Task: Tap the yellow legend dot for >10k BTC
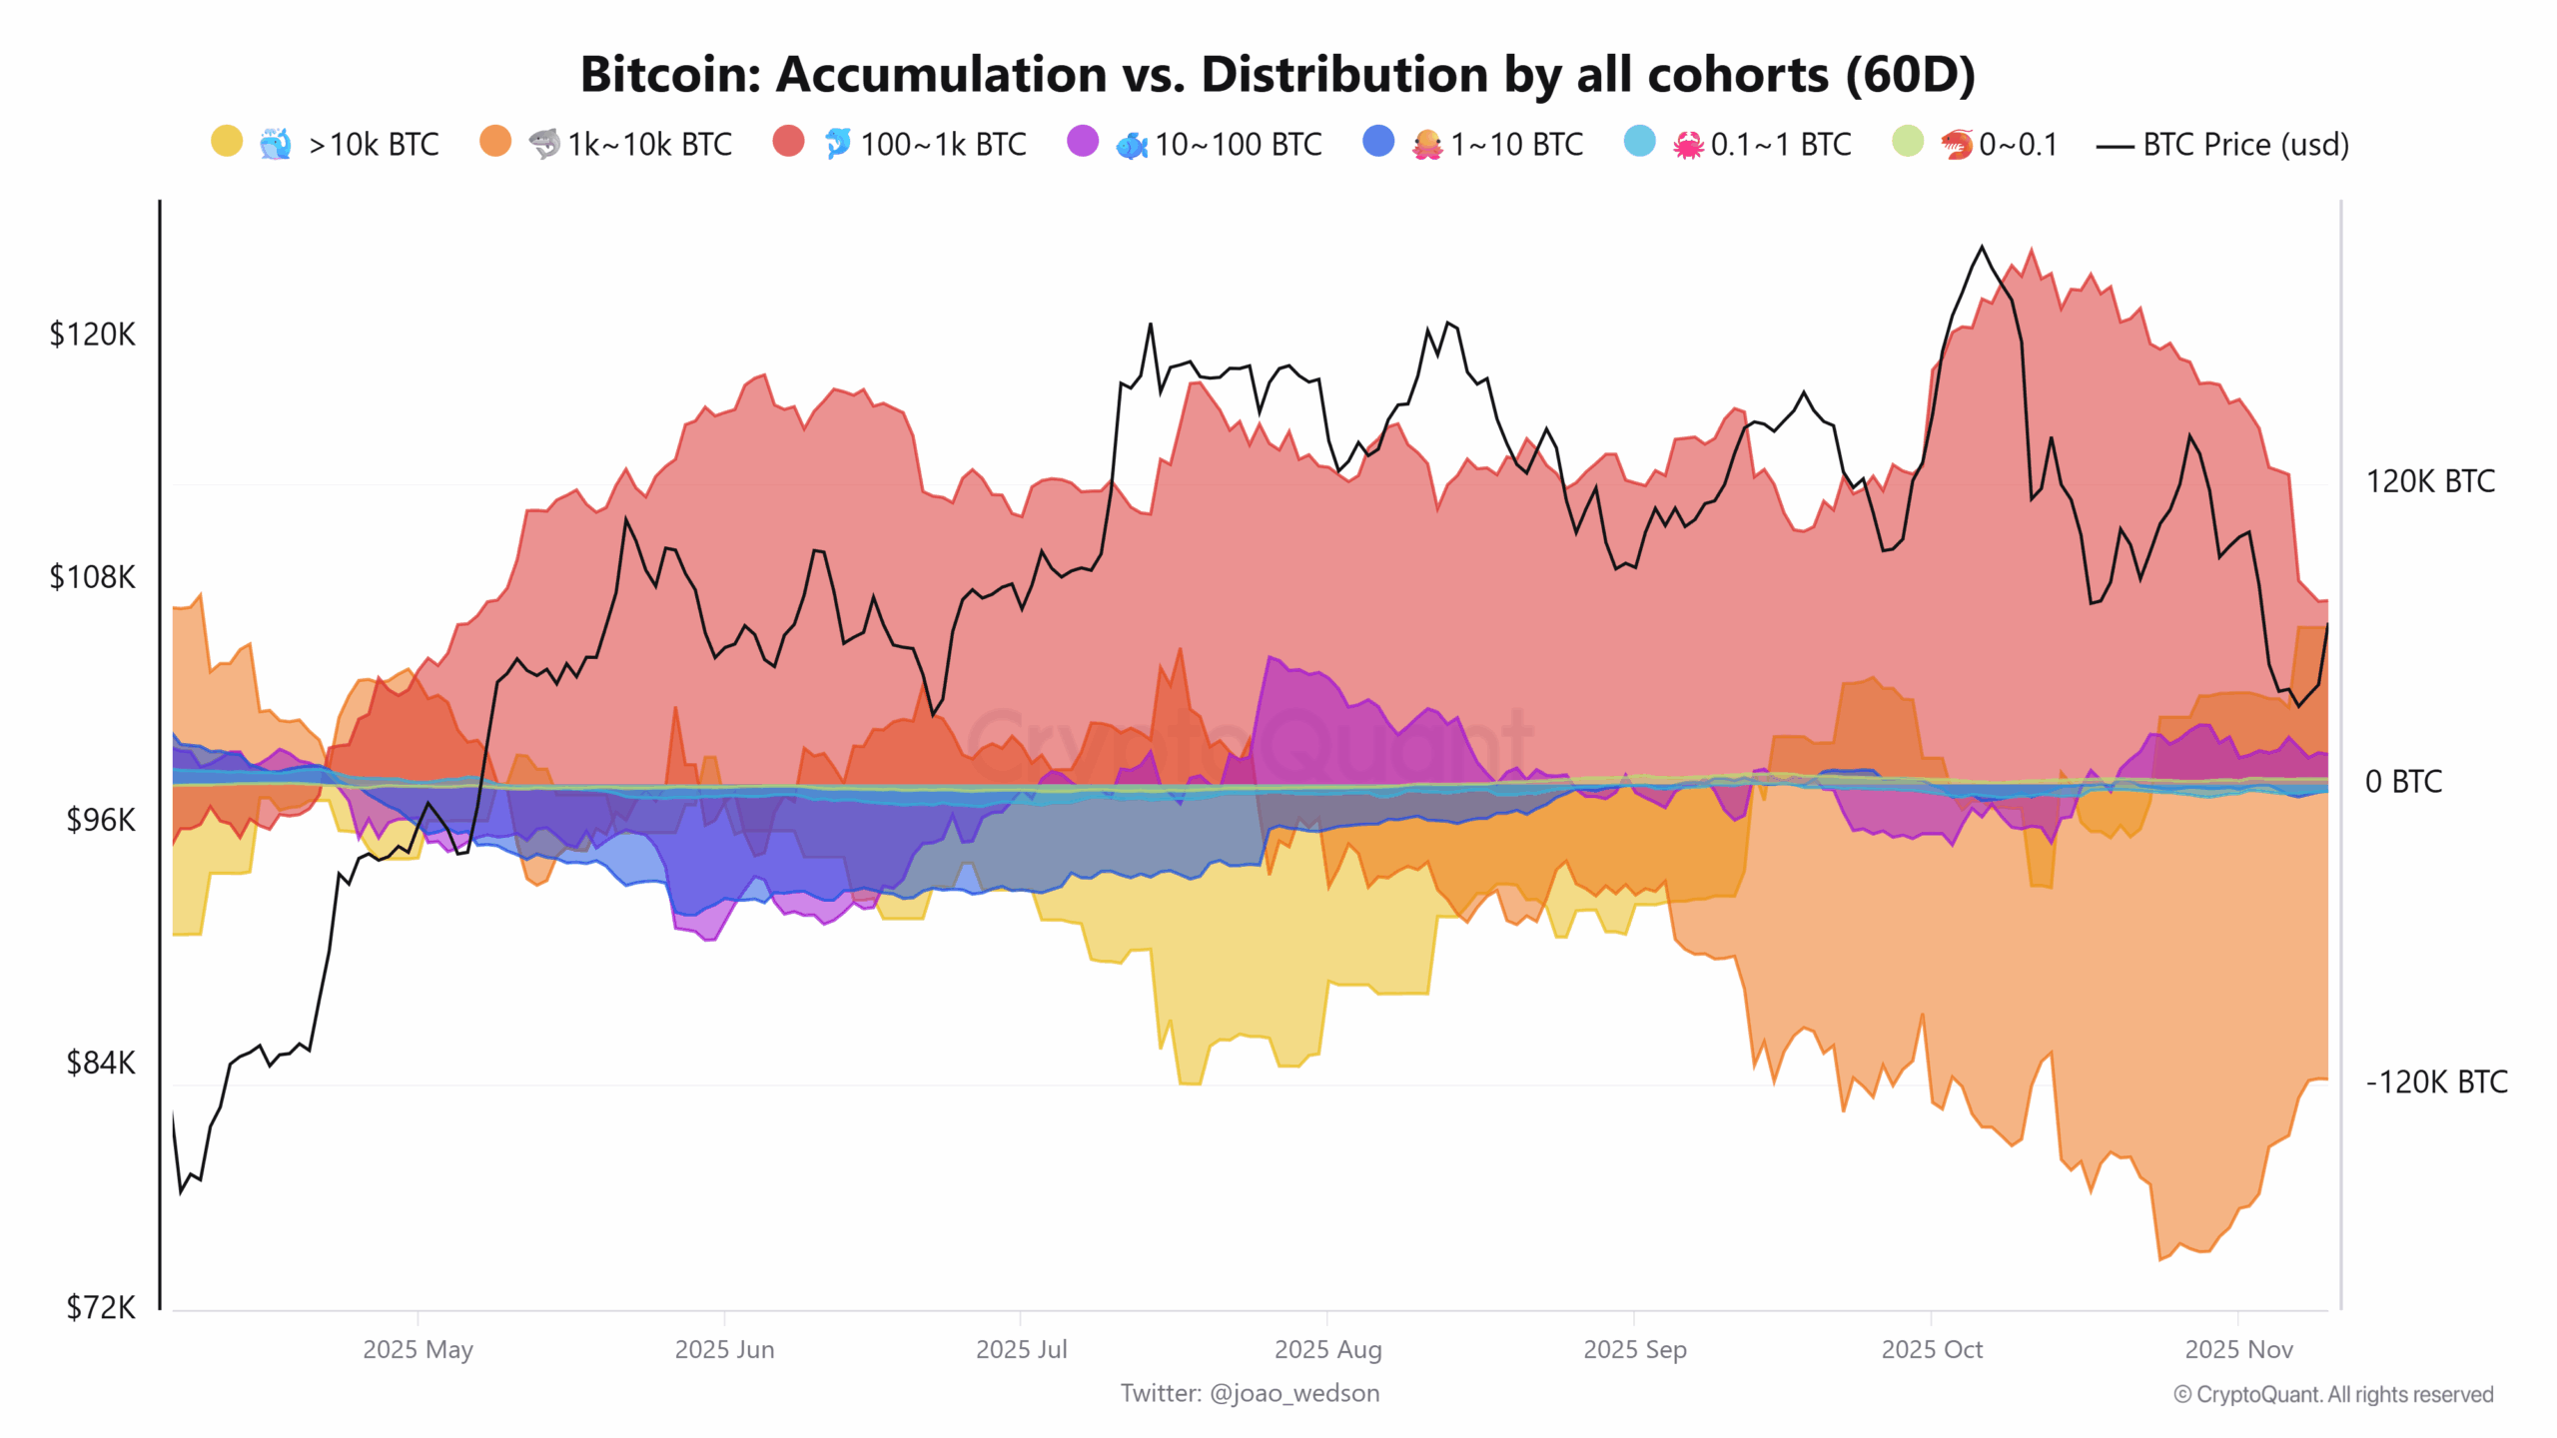click(227, 142)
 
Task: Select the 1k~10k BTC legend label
click(649, 145)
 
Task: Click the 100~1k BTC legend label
click(943, 145)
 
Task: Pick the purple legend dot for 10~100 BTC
click(1082, 142)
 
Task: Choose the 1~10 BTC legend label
click(1516, 145)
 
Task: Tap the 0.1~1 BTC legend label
click(1780, 145)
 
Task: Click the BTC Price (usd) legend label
click(2245, 145)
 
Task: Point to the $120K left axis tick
click(92, 335)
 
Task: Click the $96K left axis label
click(100, 820)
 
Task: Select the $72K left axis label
click(100, 1307)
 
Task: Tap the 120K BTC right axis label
click(2429, 481)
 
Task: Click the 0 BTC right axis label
click(2402, 781)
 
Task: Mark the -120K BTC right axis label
click(2435, 1081)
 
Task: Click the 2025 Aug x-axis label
click(1327, 1349)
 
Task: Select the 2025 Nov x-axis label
click(2238, 1349)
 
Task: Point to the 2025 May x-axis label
click(418, 1349)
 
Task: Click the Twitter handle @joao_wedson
click(1293, 1393)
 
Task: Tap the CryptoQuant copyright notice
click(2332, 1394)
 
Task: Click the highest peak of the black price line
click(1983, 247)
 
